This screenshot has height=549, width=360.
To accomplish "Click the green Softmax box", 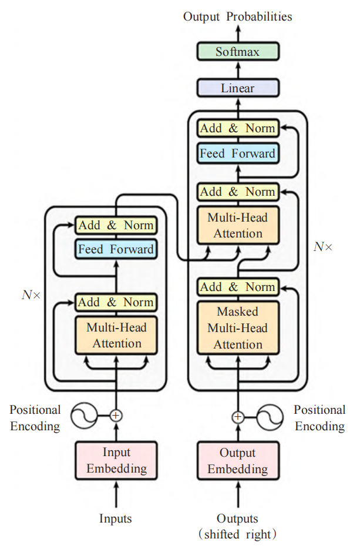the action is coord(238,52).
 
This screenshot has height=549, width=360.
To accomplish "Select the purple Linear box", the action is coord(238,88).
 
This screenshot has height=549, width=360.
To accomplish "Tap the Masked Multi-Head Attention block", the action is coord(238,328).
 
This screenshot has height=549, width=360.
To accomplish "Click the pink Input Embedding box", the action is coord(116,460).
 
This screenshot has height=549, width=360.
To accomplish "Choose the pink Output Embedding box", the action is coord(238,460).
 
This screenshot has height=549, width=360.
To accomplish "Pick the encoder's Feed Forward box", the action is coord(116,249).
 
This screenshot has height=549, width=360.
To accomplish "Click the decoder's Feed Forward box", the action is coord(238,153).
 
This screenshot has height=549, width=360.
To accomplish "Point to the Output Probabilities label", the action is coord(238,16).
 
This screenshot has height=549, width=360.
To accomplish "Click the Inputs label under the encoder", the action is coord(116,518).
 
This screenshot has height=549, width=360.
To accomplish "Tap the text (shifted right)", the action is coord(237,534).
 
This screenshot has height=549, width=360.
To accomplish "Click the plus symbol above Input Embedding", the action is coord(116,416).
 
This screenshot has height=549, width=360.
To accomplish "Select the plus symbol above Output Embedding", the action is coord(238,417).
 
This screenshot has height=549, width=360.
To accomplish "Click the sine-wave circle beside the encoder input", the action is coord(84,416).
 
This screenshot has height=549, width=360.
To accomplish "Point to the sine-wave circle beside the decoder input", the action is coord(270,417).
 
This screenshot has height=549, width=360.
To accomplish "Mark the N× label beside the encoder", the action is coord(31,295).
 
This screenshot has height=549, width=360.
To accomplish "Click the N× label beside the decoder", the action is coord(323,247).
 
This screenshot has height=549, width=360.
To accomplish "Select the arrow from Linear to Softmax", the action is coord(238,70).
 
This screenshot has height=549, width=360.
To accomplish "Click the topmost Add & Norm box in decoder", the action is coord(238,128).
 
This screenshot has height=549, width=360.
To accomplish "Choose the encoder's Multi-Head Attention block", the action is coord(116,336).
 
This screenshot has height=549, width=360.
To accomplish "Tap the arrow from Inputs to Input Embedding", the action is coord(116,494).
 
